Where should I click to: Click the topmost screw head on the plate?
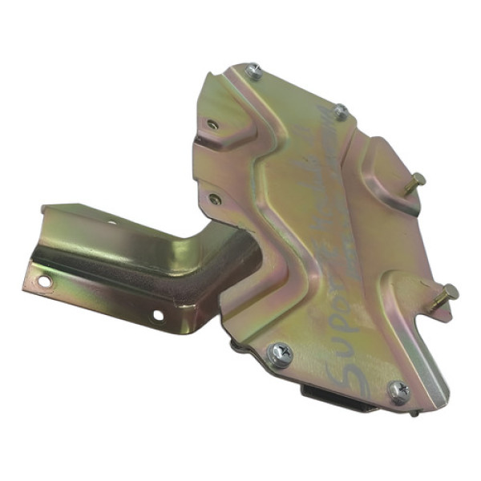254,71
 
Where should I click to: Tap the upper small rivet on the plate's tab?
212,124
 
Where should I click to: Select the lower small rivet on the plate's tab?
214,198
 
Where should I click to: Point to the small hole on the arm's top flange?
111,222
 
